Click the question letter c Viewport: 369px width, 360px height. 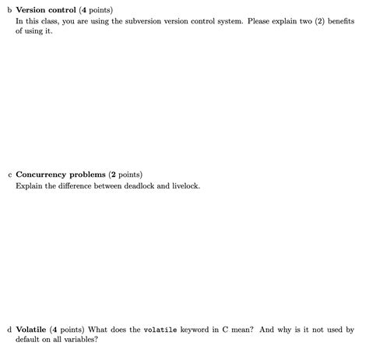pos(9,175)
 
